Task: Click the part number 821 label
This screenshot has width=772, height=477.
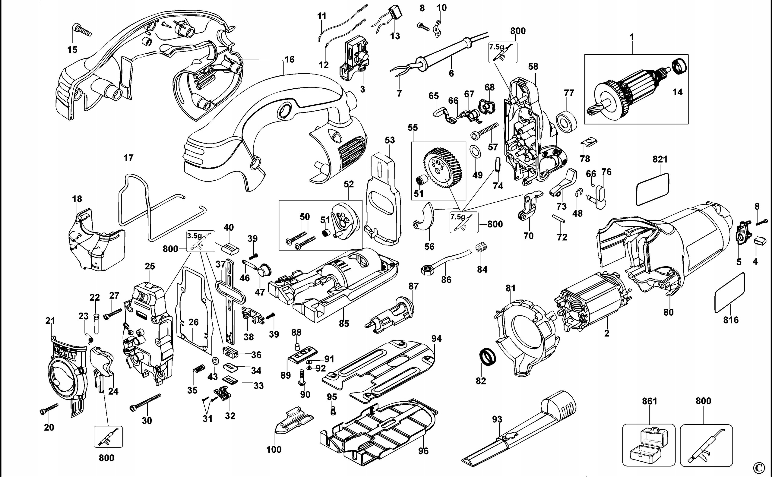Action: tap(660, 159)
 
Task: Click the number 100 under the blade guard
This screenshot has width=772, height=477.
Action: tap(274, 449)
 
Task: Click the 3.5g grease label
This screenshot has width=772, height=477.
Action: tap(194, 236)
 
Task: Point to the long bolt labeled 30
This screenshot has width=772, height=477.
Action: tap(145, 403)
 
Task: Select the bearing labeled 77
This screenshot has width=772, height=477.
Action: tap(566, 121)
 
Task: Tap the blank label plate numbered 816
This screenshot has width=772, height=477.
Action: tap(729, 292)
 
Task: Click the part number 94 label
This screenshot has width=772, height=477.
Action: tap(436, 339)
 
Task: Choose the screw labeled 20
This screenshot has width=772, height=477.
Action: tap(49, 409)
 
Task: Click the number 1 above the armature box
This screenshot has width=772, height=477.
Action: tap(632, 37)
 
